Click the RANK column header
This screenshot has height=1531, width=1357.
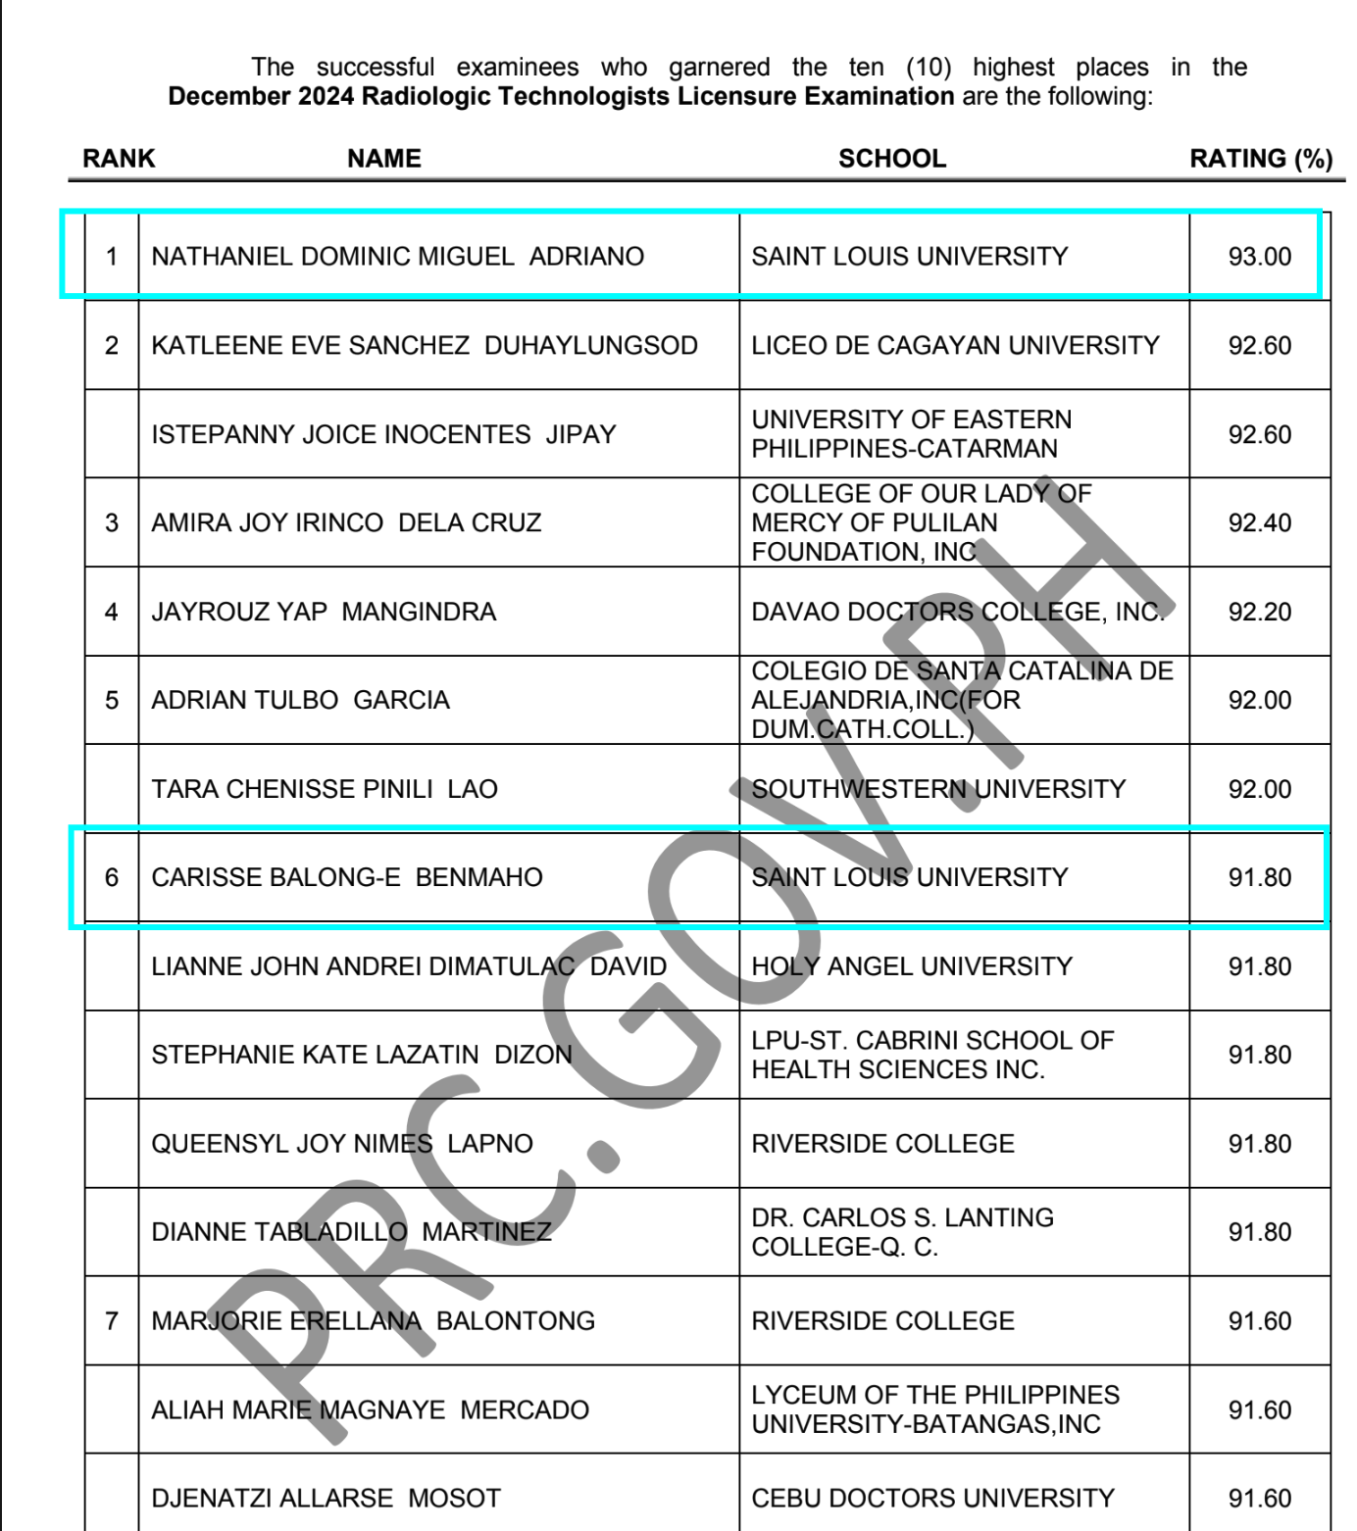(119, 159)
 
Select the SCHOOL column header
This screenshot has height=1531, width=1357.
(891, 159)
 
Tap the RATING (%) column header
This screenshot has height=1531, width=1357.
(1260, 159)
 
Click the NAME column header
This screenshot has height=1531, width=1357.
(383, 159)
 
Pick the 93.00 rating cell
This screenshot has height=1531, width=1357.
(1259, 257)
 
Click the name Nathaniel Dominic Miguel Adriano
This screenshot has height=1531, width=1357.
(397, 257)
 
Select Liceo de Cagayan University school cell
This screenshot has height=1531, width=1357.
(954, 346)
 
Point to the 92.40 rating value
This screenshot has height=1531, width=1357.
(1259, 523)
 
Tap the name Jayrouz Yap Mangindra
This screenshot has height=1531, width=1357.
(324, 612)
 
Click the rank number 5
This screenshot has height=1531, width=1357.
(112, 701)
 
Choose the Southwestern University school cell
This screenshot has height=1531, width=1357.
(937, 789)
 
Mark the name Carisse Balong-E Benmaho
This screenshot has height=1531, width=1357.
(346, 877)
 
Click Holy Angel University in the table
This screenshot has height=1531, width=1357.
(911, 966)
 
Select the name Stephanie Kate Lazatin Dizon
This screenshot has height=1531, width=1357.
(361, 1055)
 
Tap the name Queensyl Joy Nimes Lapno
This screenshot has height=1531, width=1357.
(341, 1144)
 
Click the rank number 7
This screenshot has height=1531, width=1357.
(112, 1321)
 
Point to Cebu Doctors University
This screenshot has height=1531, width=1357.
(932, 1499)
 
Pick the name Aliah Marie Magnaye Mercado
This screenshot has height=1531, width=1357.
(370, 1410)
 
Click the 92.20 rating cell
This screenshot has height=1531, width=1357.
(1259, 612)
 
